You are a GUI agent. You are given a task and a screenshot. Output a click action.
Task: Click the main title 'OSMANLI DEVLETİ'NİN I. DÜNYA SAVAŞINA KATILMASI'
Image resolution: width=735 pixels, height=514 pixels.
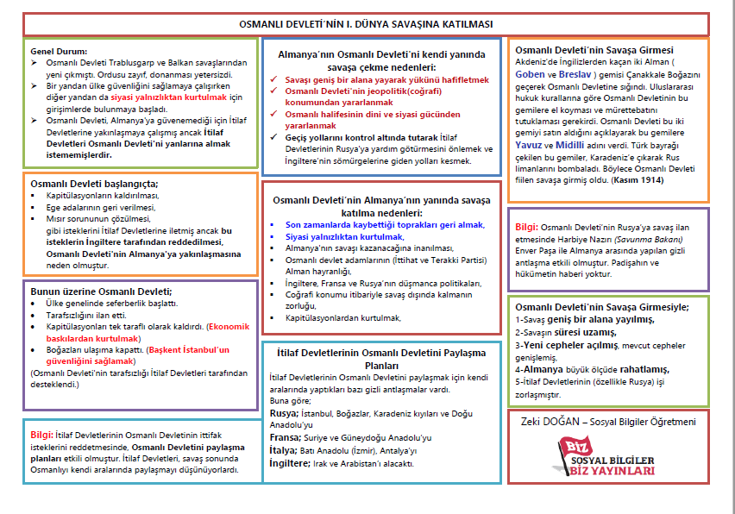pyautogui.click(x=367, y=23)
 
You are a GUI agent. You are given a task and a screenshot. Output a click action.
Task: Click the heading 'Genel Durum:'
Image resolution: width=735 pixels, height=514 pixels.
pyautogui.click(x=57, y=52)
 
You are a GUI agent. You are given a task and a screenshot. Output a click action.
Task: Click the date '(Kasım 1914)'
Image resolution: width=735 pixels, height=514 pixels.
pyautogui.click(x=639, y=182)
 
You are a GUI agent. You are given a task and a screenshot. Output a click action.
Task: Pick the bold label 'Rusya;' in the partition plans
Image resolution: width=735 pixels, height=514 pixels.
pyautogui.click(x=284, y=414)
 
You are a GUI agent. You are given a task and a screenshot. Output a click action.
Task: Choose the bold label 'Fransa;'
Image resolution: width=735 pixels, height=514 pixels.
pyautogui.click(x=286, y=438)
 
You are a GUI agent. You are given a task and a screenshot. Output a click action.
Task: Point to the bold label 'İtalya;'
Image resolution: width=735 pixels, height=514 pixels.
pyautogui.click(x=284, y=451)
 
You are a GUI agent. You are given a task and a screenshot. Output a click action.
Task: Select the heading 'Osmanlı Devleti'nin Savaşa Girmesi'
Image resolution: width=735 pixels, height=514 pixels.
pyautogui.click(x=594, y=50)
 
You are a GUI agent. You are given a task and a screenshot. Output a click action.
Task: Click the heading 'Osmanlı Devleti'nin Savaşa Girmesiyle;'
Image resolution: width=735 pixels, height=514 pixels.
pyautogui.click(x=601, y=307)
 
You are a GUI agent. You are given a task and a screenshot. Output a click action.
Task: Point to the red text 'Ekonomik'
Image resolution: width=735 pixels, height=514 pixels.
pyautogui.click(x=229, y=327)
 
